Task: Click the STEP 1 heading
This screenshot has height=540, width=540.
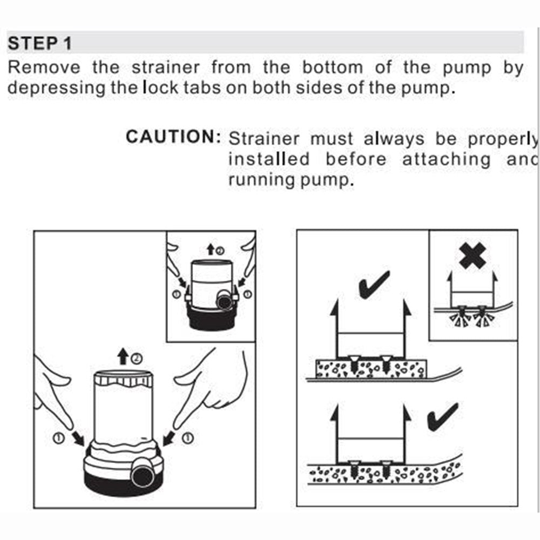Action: [x=39, y=43]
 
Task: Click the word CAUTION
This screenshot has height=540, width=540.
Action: [x=171, y=137]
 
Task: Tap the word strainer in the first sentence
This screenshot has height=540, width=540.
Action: [x=166, y=68]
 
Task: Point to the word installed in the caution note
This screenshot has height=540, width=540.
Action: [x=268, y=159]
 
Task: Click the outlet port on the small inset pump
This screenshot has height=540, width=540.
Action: [x=222, y=300]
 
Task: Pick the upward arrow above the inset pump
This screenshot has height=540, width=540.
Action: [x=210, y=249]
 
